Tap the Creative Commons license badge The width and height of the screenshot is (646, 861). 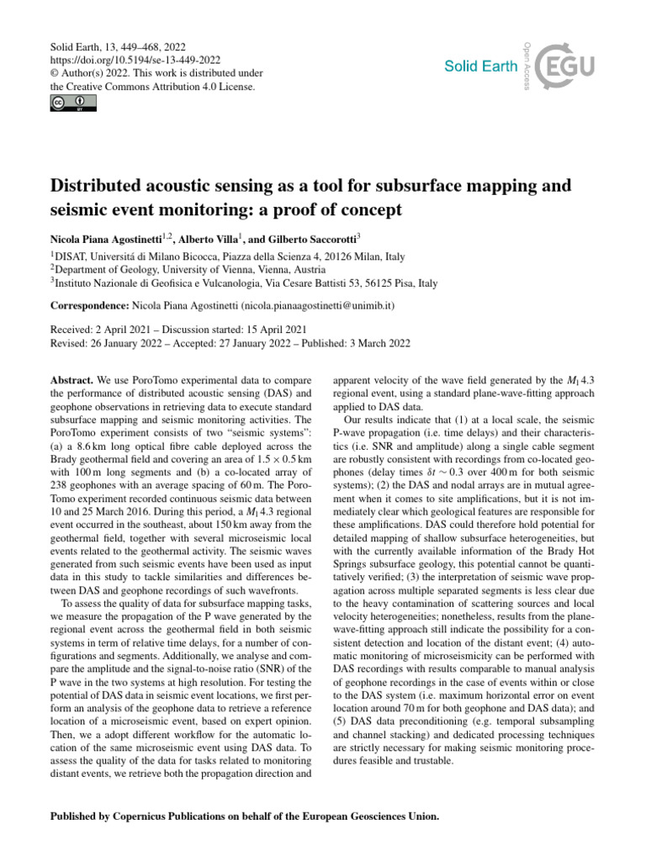(x=73, y=103)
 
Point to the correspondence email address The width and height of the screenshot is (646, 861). (x=310, y=307)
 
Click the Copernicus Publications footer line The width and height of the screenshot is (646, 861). (x=245, y=816)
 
